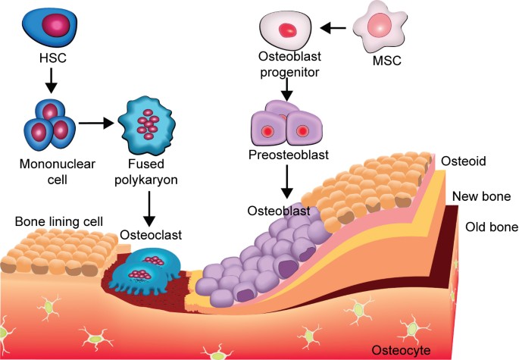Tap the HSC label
point(53,58)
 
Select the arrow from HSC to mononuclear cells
point(51,80)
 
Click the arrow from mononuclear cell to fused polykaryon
point(96,124)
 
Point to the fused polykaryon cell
point(147,126)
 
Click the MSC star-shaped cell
point(380,27)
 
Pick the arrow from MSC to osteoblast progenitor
point(333,28)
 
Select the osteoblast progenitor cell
point(286,30)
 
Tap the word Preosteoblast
point(289,155)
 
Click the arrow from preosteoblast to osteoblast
point(287,182)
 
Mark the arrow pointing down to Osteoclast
point(149,208)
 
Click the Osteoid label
point(464,161)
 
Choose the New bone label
point(481,196)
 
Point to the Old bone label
point(492,227)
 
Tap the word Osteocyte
point(401,350)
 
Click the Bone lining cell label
point(59,221)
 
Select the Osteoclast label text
point(151,235)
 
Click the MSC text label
point(386,61)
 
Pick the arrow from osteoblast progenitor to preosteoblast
point(287,89)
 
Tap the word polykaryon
point(146,180)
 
